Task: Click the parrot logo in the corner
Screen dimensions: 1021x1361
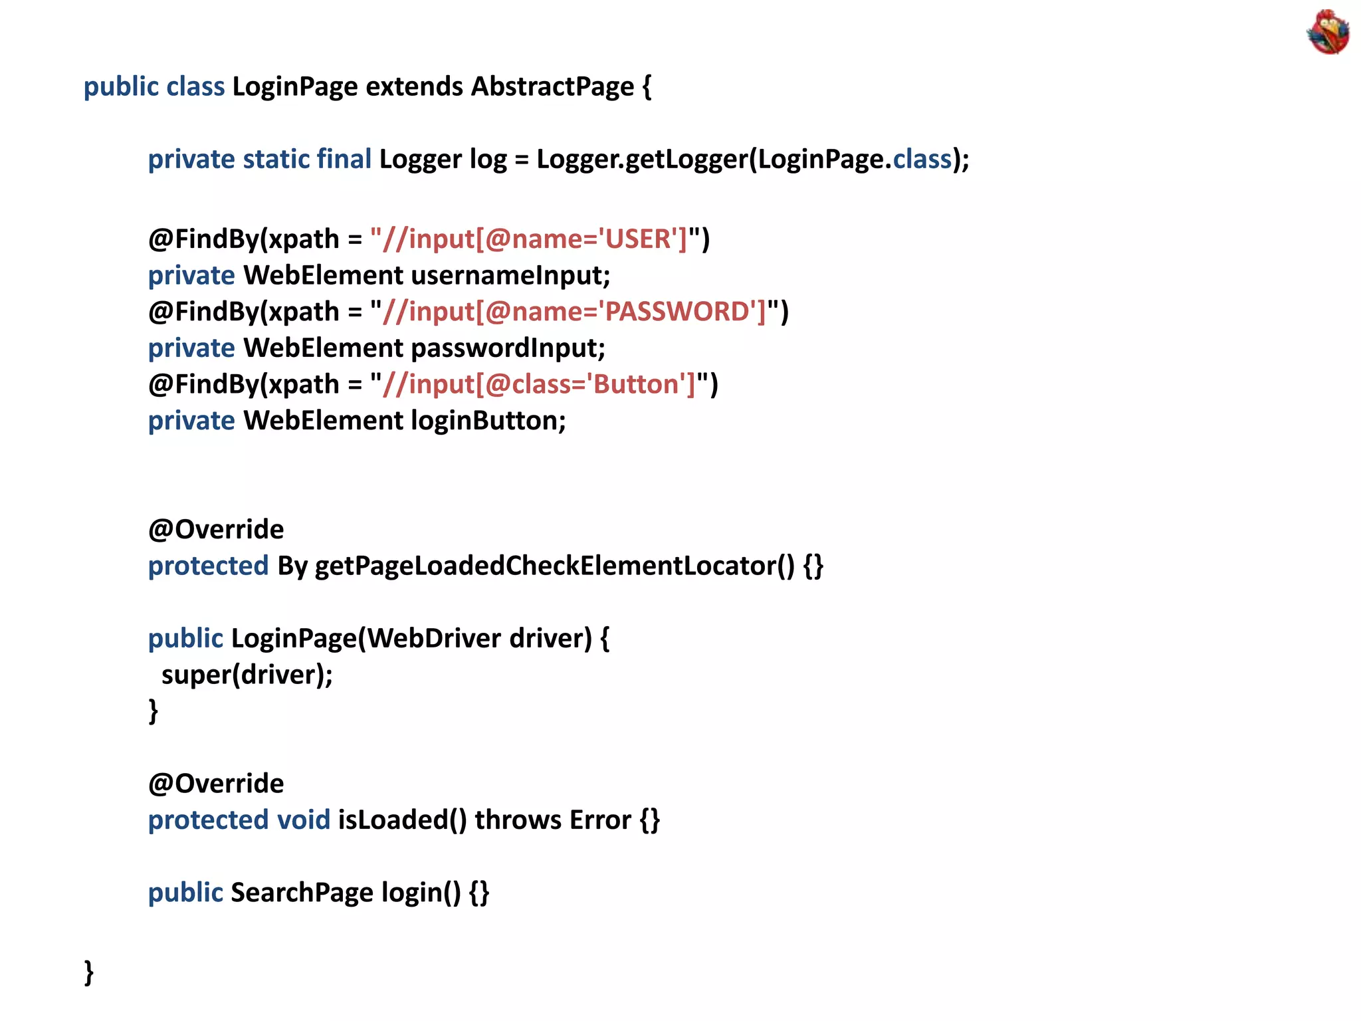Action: click(1327, 31)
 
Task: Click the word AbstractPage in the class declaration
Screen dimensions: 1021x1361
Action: click(552, 87)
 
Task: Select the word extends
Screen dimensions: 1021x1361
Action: click(414, 87)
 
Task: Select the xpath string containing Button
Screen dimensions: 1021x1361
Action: click(538, 384)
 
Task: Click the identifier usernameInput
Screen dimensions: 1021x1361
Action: click(510, 275)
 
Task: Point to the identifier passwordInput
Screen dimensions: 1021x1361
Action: click(508, 348)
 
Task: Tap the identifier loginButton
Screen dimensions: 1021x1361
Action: click(488, 421)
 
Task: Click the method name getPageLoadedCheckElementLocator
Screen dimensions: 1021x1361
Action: click(554, 566)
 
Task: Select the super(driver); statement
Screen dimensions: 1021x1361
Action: click(247, 675)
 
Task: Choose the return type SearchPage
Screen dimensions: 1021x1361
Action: click(302, 893)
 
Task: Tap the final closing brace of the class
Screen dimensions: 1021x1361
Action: click(89, 972)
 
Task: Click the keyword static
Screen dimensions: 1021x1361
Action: click(276, 160)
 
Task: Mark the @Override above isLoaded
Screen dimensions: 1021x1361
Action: click(216, 784)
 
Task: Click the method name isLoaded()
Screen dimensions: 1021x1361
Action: click(402, 820)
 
